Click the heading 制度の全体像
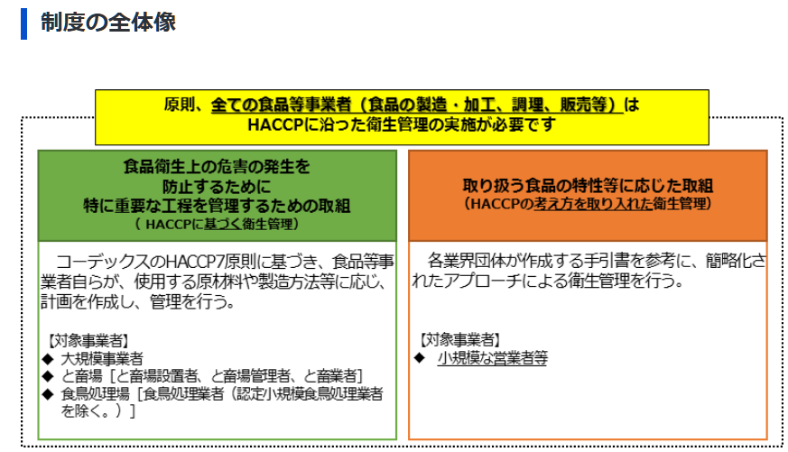[x=108, y=23]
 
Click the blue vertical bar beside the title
[x=23, y=23]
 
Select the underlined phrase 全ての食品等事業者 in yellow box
[x=281, y=105]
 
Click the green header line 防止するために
[x=217, y=187]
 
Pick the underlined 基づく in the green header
[x=222, y=224]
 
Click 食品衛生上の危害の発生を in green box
[x=217, y=166]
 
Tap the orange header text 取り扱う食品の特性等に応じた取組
[x=588, y=186]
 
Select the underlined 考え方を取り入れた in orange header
[x=593, y=203]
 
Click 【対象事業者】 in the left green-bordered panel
[x=89, y=341]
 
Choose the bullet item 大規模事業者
[x=102, y=358]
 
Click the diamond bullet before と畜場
[x=48, y=375]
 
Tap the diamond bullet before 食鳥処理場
[x=48, y=393]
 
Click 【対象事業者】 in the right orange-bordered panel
[x=461, y=340]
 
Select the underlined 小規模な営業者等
[x=493, y=358]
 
